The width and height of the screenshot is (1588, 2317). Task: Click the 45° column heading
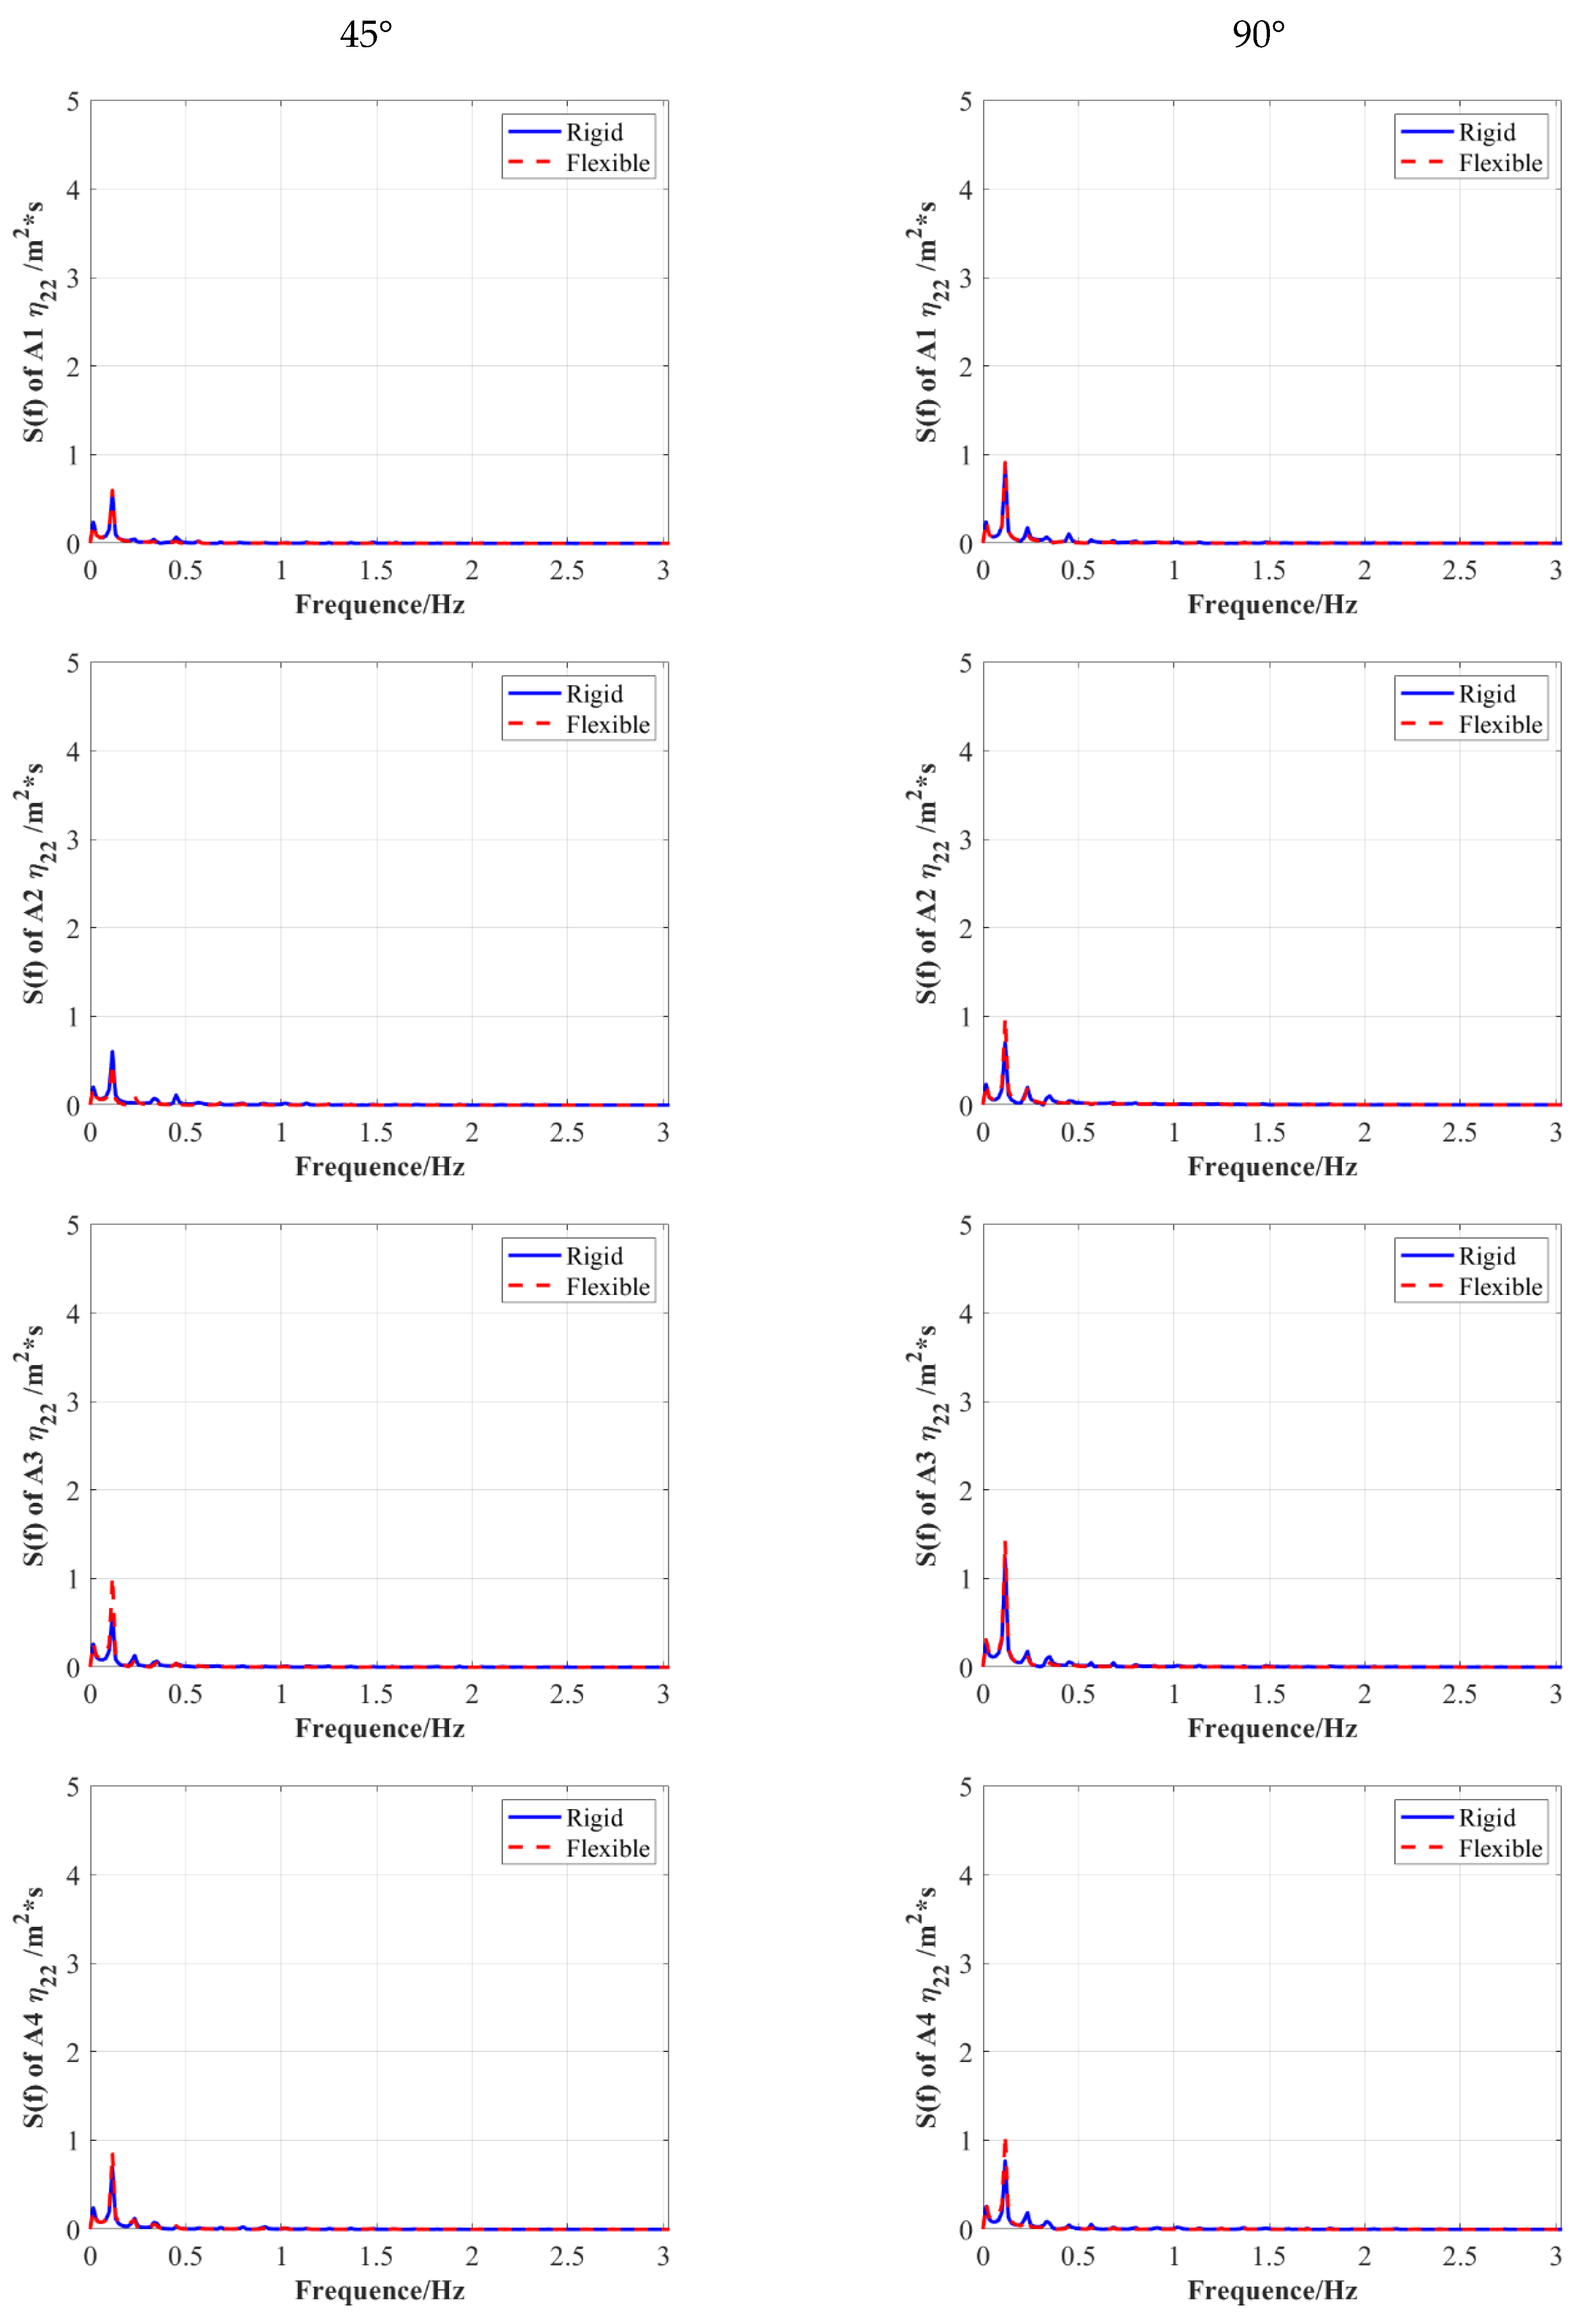coord(366,35)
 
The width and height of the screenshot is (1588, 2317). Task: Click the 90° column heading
coord(1258,35)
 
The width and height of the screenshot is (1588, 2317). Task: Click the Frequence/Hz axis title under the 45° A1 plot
coord(380,605)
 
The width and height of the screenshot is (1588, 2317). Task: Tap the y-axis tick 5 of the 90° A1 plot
coord(965,102)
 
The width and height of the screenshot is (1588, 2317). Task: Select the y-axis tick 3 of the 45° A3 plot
coord(73,1402)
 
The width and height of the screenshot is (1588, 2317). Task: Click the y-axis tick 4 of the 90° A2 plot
coord(965,752)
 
